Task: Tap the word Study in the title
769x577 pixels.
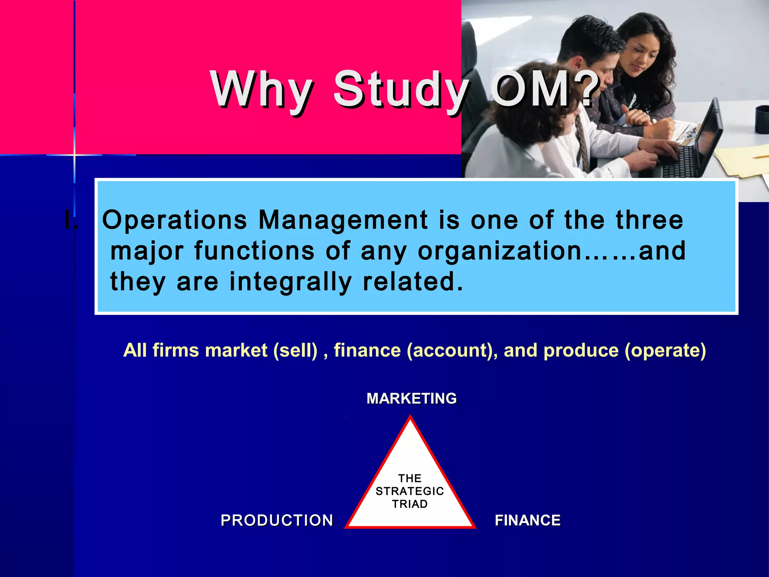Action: click(x=401, y=90)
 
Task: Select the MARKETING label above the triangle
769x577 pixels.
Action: click(x=412, y=399)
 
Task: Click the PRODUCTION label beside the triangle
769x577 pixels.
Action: click(x=277, y=520)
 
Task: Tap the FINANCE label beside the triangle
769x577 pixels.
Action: click(x=528, y=520)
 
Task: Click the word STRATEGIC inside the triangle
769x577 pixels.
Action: click(x=410, y=491)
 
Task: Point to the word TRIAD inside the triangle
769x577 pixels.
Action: click(x=410, y=504)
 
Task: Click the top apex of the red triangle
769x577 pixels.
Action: click(x=410, y=417)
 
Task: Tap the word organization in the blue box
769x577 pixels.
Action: click(x=499, y=251)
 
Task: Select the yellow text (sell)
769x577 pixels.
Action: click(x=296, y=350)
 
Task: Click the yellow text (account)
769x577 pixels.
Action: click(x=450, y=350)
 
